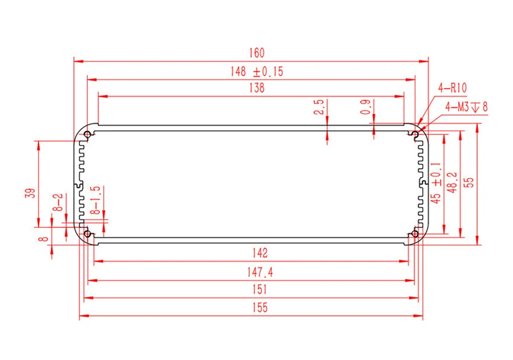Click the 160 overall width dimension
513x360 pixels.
[x=257, y=53]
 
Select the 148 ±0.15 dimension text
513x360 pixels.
[x=257, y=71]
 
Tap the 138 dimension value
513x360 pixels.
[x=257, y=88]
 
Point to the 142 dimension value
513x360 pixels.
[x=260, y=253]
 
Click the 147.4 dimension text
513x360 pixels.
[x=260, y=272]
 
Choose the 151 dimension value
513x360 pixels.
[x=260, y=289]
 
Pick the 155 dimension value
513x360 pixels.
[x=260, y=307]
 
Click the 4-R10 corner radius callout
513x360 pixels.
[x=452, y=88]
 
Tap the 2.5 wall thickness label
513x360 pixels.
[x=319, y=107]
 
